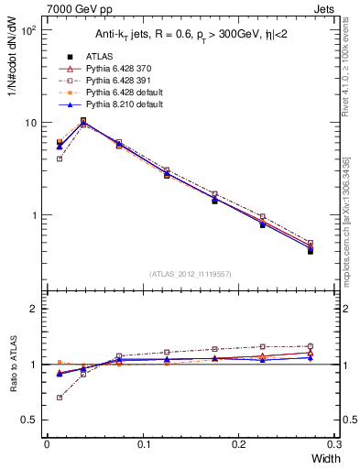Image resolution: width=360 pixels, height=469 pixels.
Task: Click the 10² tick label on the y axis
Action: pos(29,30)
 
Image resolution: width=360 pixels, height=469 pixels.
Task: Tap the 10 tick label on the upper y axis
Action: pos(31,123)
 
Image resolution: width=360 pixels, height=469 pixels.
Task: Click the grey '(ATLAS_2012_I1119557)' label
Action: pos(190,275)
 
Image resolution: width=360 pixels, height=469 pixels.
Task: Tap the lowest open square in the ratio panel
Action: pos(60,398)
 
